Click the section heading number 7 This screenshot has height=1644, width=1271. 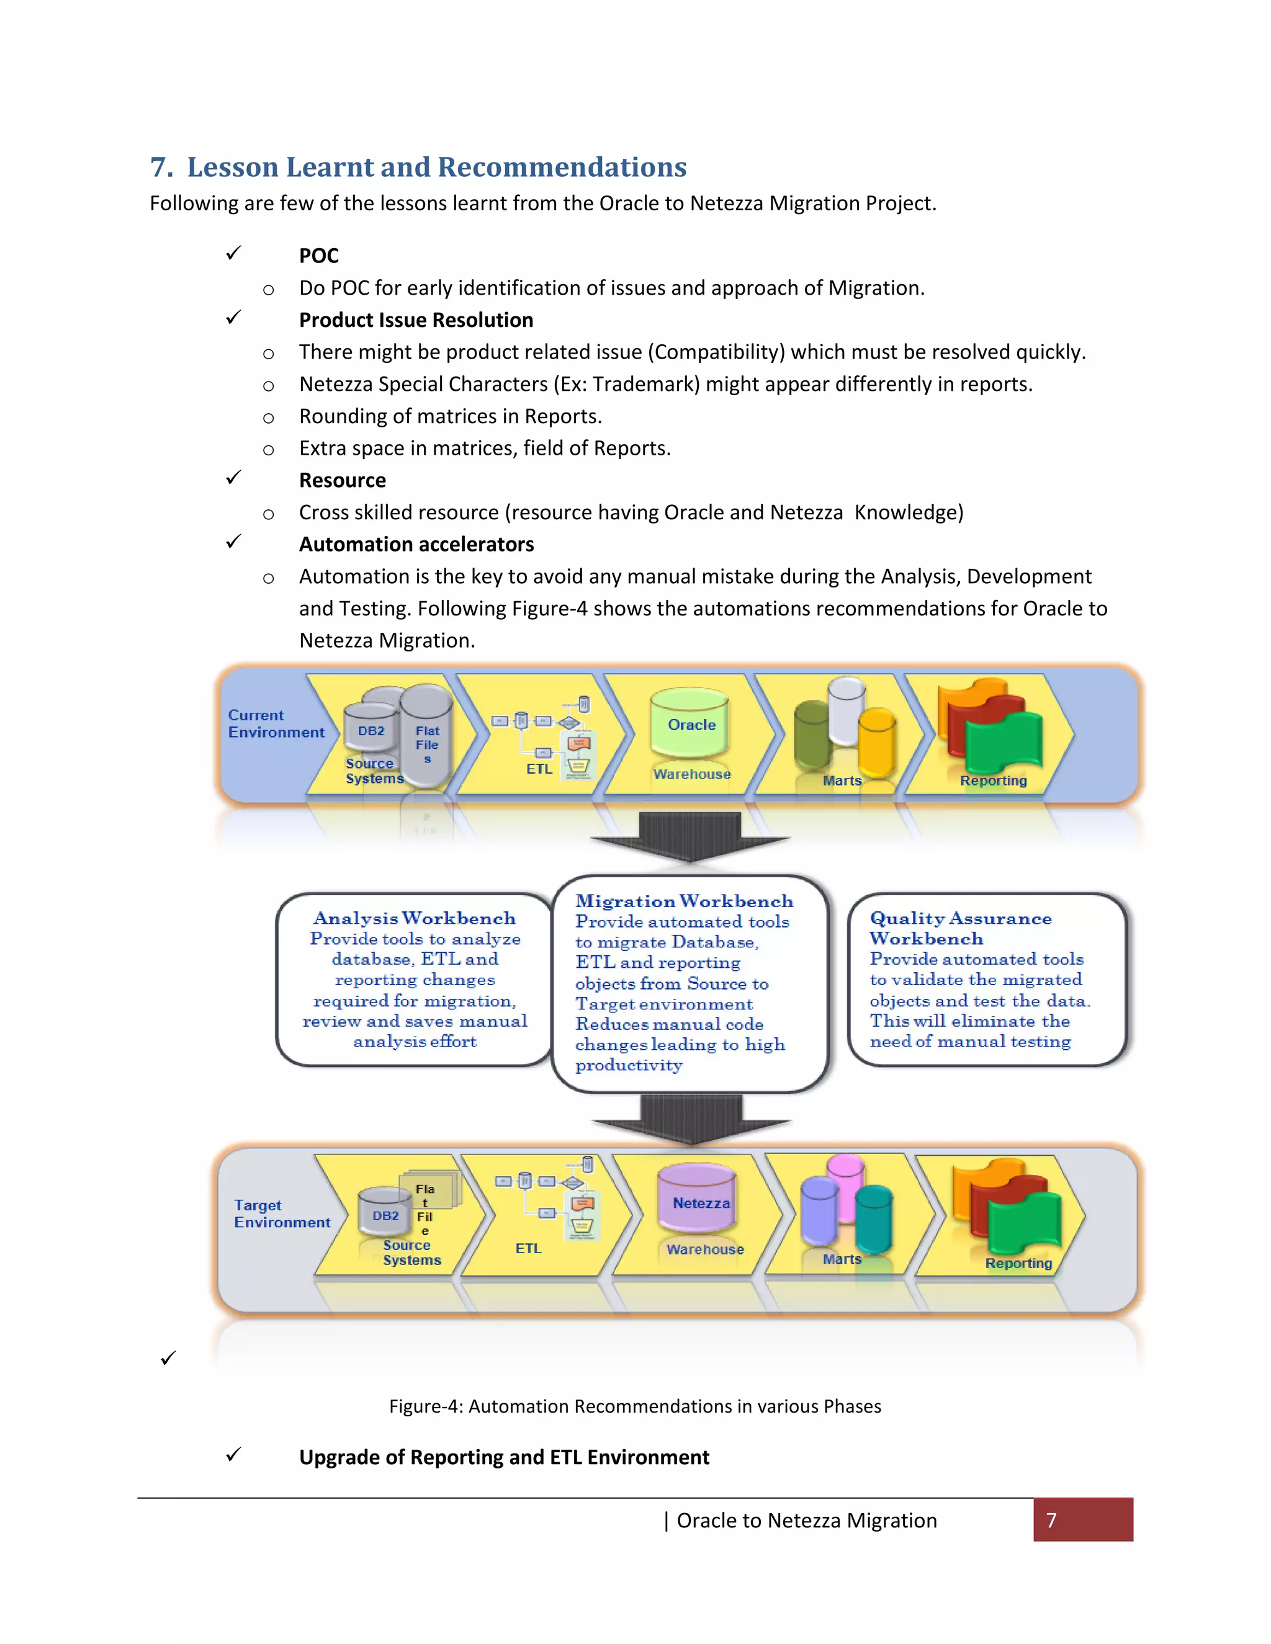(161, 167)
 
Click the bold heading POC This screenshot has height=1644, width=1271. (318, 256)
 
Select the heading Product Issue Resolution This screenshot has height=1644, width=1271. (416, 320)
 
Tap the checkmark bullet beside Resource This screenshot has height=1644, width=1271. (233, 478)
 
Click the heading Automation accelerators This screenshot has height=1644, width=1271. (416, 544)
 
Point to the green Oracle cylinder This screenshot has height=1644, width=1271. (689, 724)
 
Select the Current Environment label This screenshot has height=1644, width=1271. (276, 723)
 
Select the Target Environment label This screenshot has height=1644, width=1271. (282, 1213)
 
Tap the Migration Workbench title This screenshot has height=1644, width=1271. (684, 901)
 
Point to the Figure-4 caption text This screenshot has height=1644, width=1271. (635, 1406)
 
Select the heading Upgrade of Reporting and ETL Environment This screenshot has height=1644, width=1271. (504, 1457)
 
